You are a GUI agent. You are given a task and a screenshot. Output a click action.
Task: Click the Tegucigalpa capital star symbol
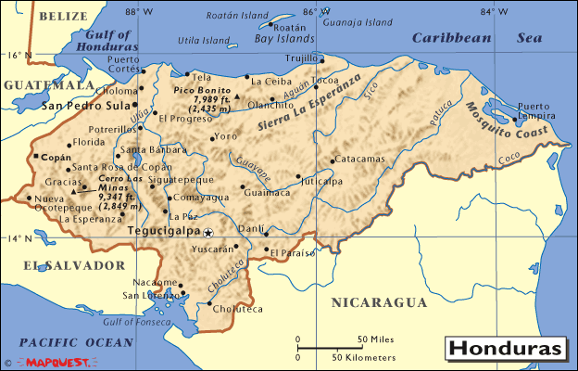(x=208, y=233)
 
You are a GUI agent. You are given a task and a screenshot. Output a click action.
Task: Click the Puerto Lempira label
(x=540, y=111)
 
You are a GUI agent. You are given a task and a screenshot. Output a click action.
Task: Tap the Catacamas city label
(x=359, y=159)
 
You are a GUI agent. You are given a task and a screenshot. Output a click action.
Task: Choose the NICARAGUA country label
(x=380, y=302)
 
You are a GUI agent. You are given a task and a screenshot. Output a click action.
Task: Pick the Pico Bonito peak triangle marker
(x=237, y=97)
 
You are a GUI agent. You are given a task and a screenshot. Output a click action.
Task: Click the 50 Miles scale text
(x=377, y=339)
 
